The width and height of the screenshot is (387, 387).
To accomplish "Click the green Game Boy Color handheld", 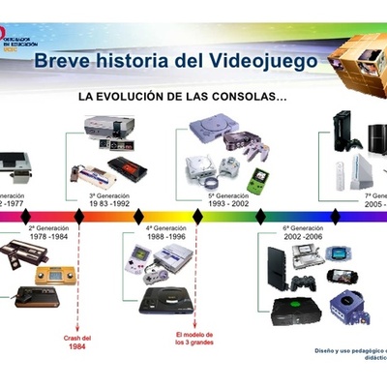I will pyautogui.click(x=256, y=180).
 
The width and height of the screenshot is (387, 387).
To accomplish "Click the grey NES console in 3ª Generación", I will pyautogui.click(x=108, y=127).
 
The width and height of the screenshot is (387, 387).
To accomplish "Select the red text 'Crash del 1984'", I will pyautogui.click(x=77, y=342).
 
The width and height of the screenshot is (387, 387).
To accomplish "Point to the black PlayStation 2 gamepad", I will pyautogui.click(x=304, y=283).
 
